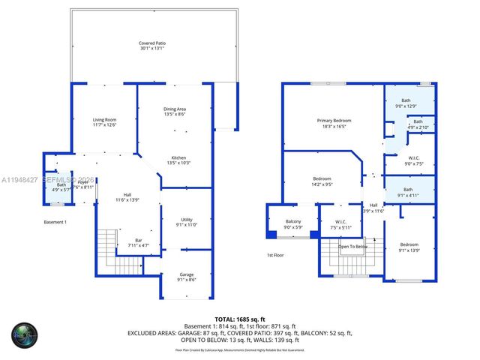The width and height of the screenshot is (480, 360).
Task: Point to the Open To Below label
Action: coord(352,247)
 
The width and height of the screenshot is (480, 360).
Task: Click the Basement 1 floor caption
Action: coord(55,223)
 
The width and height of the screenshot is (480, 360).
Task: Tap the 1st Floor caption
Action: coord(275,256)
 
